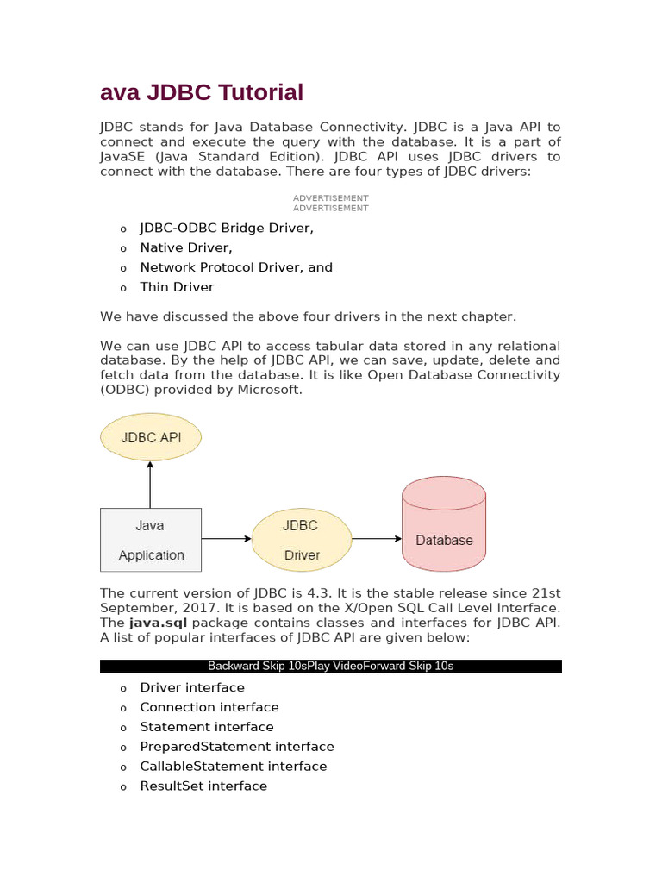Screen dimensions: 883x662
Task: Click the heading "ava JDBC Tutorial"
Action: pyautogui.click(x=202, y=92)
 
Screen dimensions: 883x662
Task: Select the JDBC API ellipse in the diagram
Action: pyautogui.click(x=151, y=437)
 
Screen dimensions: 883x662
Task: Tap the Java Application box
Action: pyautogui.click(x=151, y=540)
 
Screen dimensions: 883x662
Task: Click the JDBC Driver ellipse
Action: pyautogui.click(x=301, y=540)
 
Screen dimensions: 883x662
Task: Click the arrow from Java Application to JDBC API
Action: pyautogui.click(x=151, y=484)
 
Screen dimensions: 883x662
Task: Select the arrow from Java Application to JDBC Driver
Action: pyautogui.click(x=227, y=539)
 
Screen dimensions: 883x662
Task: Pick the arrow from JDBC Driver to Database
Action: pyautogui.click(x=377, y=539)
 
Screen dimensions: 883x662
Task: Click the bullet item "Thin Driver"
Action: pyautogui.click(x=177, y=287)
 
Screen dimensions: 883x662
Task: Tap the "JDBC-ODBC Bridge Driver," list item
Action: pyautogui.click(x=227, y=229)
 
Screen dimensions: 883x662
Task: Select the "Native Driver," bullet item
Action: pyautogui.click(x=186, y=247)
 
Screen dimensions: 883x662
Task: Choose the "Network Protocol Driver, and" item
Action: pyautogui.click(x=236, y=267)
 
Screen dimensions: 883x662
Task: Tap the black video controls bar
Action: pyautogui.click(x=331, y=666)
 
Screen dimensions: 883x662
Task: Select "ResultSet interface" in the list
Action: pyautogui.click(x=203, y=786)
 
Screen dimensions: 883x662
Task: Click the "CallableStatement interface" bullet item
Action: pyautogui.click(x=234, y=766)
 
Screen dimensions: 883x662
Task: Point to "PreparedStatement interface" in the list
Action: pyautogui.click(x=237, y=747)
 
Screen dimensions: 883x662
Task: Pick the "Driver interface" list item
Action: pyautogui.click(x=192, y=687)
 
